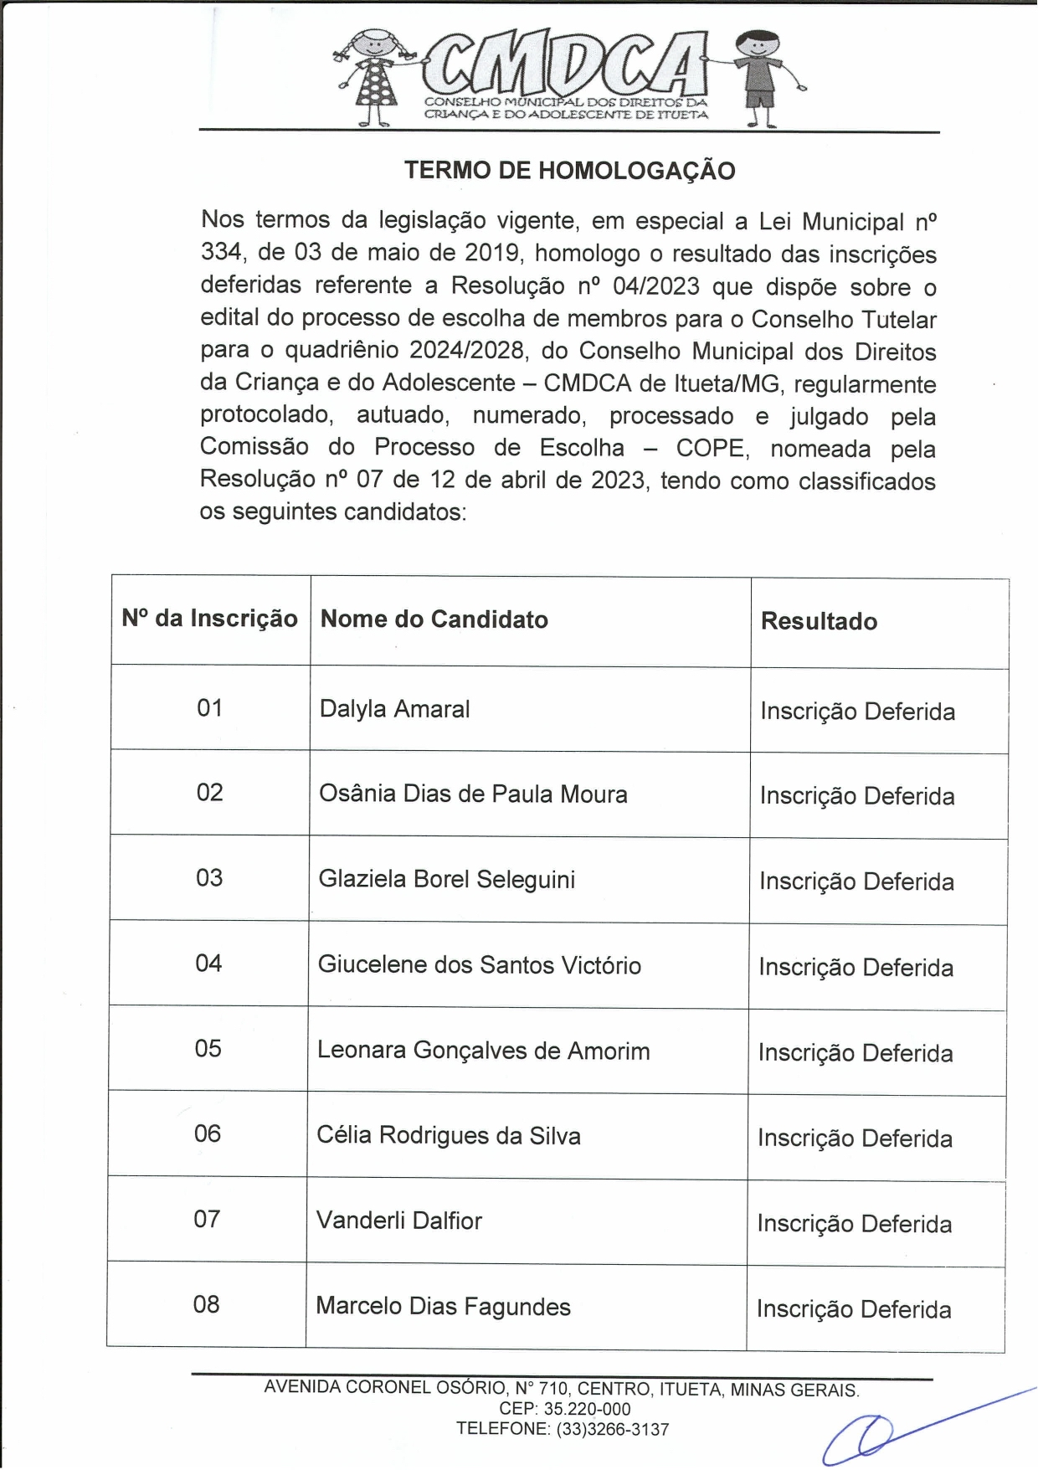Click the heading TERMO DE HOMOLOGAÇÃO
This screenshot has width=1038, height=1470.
point(569,171)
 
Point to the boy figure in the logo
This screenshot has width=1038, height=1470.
point(760,77)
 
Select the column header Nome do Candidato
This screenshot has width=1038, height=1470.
point(434,619)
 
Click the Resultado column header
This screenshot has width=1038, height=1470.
point(819,622)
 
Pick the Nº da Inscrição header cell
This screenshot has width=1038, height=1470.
point(209,619)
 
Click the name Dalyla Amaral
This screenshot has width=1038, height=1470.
point(394,709)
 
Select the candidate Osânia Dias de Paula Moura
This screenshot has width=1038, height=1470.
point(473,794)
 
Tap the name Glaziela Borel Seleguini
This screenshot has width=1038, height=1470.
point(446,880)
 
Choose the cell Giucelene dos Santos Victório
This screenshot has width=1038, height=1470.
point(479,965)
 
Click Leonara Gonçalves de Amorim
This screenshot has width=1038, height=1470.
point(483,1051)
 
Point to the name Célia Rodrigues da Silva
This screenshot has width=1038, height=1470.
point(448,1136)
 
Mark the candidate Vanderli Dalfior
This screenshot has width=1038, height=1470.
point(398,1221)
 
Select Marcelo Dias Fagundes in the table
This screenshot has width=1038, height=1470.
point(443,1307)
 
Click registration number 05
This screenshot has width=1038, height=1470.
point(208,1049)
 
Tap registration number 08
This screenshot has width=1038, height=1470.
point(206,1305)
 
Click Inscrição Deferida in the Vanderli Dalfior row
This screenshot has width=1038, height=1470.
point(854,1225)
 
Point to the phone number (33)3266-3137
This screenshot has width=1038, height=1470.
point(612,1430)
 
